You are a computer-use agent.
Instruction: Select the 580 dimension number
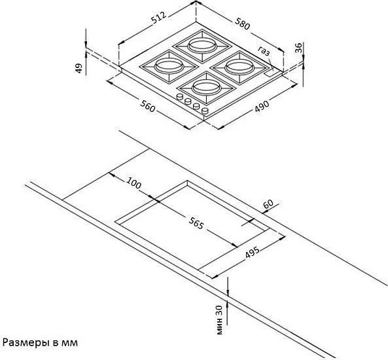(242, 24)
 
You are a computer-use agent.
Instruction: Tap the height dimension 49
(79, 68)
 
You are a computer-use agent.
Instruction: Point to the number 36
(298, 48)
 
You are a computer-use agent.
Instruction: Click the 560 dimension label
(148, 106)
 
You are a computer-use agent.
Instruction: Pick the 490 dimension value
(262, 106)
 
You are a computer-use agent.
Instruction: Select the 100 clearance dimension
(134, 183)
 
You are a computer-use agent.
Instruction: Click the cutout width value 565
(196, 223)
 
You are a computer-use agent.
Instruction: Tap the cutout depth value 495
(252, 252)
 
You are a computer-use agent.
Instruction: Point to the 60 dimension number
(268, 204)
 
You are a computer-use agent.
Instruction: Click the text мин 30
(219, 319)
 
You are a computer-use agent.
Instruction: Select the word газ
(264, 51)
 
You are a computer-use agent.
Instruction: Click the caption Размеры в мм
(40, 343)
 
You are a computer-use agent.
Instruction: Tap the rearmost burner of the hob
(202, 46)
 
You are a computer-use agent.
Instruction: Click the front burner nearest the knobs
(206, 88)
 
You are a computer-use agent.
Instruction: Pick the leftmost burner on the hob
(169, 66)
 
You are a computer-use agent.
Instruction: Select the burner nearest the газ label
(239, 67)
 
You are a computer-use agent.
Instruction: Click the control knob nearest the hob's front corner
(205, 111)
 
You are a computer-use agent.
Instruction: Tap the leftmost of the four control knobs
(179, 97)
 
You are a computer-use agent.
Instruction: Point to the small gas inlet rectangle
(270, 73)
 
